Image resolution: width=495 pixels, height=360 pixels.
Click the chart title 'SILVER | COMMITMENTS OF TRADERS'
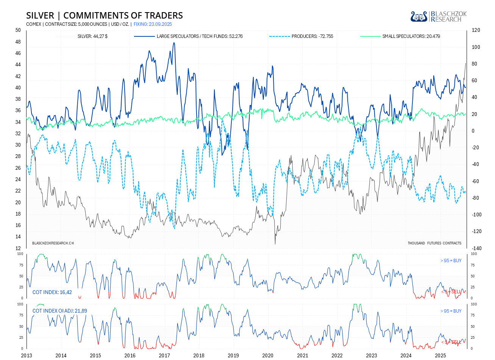[105, 16]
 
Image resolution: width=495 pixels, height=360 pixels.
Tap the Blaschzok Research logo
[439, 16]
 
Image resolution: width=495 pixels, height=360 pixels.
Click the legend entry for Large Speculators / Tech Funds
[199, 36]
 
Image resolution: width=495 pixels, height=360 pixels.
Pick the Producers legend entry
[312, 36]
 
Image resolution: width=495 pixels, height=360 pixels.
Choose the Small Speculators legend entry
[411, 36]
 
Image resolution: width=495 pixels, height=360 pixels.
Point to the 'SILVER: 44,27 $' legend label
[92, 36]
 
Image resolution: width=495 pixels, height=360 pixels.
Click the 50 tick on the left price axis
[18, 30]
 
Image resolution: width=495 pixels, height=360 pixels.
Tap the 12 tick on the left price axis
[18, 248]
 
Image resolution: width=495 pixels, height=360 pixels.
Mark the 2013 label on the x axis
[27, 355]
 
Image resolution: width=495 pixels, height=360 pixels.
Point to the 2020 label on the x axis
[268, 355]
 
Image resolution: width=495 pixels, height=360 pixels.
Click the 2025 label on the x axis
[440, 355]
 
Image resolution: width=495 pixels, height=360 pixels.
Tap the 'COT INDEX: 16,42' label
[52, 292]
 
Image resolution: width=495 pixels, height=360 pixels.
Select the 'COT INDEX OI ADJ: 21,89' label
[60, 311]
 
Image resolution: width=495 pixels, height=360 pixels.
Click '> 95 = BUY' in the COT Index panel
[451, 261]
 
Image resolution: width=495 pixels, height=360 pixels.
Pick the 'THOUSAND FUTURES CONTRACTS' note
[434, 243]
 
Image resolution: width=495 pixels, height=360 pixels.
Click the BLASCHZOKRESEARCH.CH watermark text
[53, 243]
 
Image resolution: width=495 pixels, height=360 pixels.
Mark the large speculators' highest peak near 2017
[174, 43]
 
